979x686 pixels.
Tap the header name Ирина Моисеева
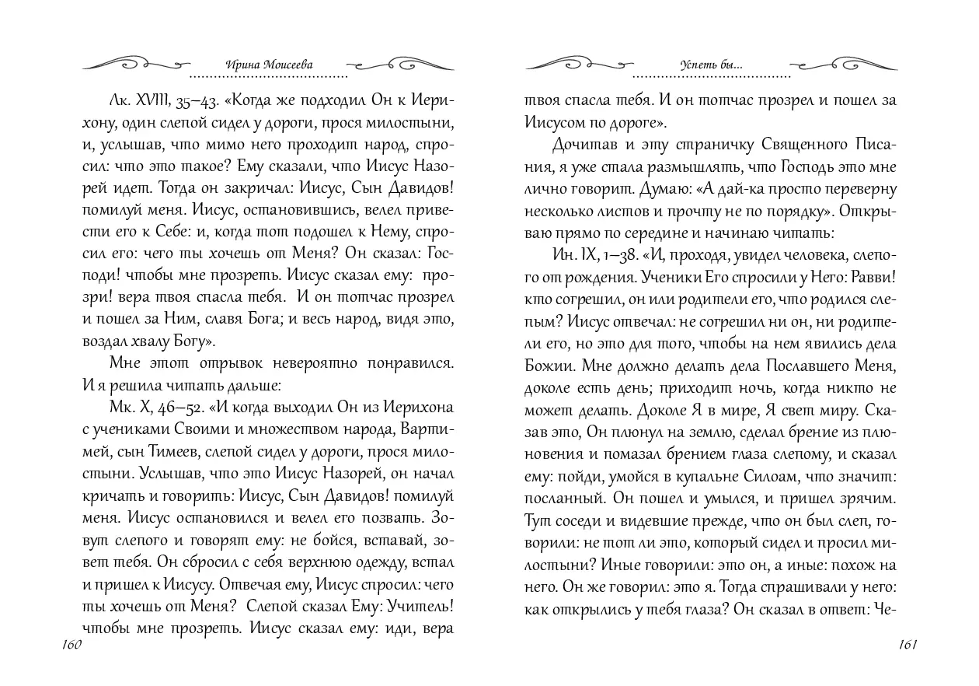268,66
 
